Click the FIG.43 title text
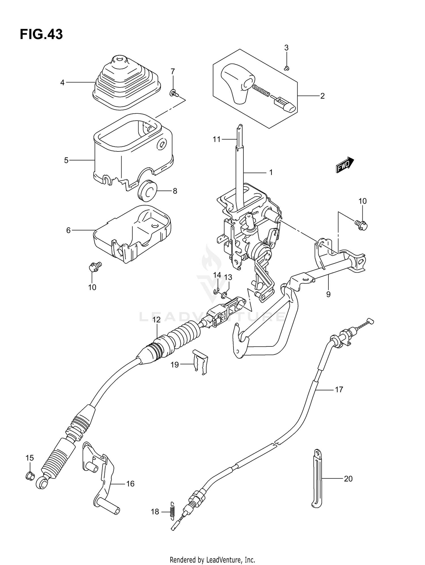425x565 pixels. click(x=41, y=34)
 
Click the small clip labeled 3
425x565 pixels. click(x=286, y=68)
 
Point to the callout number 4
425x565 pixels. click(x=62, y=83)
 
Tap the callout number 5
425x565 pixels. click(x=66, y=160)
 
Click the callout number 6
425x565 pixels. click(x=68, y=230)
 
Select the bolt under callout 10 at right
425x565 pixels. click(x=361, y=224)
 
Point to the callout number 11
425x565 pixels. click(x=217, y=139)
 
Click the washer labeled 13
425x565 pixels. click(x=224, y=296)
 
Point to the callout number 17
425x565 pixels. click(x=339, y=389)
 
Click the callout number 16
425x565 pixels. click(x=130, y=484)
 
